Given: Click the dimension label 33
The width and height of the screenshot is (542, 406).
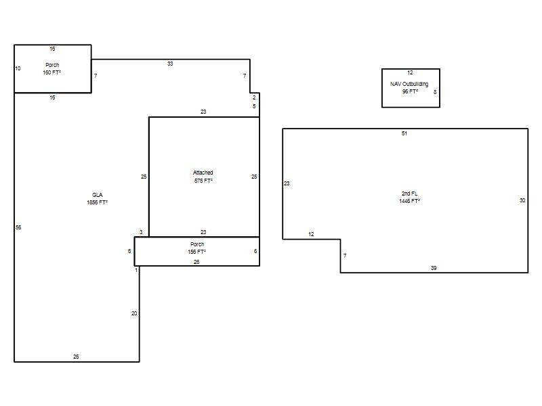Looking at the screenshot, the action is [x=170, y=64].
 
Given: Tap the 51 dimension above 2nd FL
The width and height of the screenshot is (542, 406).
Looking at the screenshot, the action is [x=404, y=133].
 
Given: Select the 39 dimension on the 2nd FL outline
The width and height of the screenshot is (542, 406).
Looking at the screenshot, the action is [x=434, y=268].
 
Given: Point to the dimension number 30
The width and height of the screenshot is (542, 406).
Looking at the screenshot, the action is [x=522, y=200].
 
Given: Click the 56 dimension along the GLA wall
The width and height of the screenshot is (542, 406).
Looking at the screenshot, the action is [x=18, y=227].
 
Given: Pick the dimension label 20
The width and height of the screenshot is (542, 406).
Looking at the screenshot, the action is [x=134, y=313].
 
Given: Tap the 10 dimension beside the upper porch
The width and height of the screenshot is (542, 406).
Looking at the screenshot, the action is [x=18, y=68].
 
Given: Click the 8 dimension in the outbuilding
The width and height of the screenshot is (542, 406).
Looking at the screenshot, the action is [x=435, y=92].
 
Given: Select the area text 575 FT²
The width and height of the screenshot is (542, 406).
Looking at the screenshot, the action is [x=203, y=181].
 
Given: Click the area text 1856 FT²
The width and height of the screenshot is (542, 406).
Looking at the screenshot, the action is [x=97, y=202].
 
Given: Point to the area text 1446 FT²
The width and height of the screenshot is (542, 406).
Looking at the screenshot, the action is [x=410, y=201].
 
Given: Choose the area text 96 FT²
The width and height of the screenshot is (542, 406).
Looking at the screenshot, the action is [x=410, y=91].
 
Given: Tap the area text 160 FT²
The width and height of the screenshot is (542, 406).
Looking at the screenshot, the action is [x=52, y=72].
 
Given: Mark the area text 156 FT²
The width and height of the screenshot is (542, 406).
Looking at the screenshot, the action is [x=196, y=252].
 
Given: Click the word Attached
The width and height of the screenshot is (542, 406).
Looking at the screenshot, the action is [x=203, y=173].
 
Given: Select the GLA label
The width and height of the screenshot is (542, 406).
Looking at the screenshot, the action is [x=97, y=195].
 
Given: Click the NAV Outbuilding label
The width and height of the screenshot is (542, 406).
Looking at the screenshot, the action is [x=409, y=84].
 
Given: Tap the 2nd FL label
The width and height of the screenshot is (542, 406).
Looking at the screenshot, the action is [x=410, y=194].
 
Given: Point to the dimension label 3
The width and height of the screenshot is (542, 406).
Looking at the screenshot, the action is [x=141, y=232].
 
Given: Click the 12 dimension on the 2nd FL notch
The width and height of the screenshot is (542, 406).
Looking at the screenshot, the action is [x=311, y=234].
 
